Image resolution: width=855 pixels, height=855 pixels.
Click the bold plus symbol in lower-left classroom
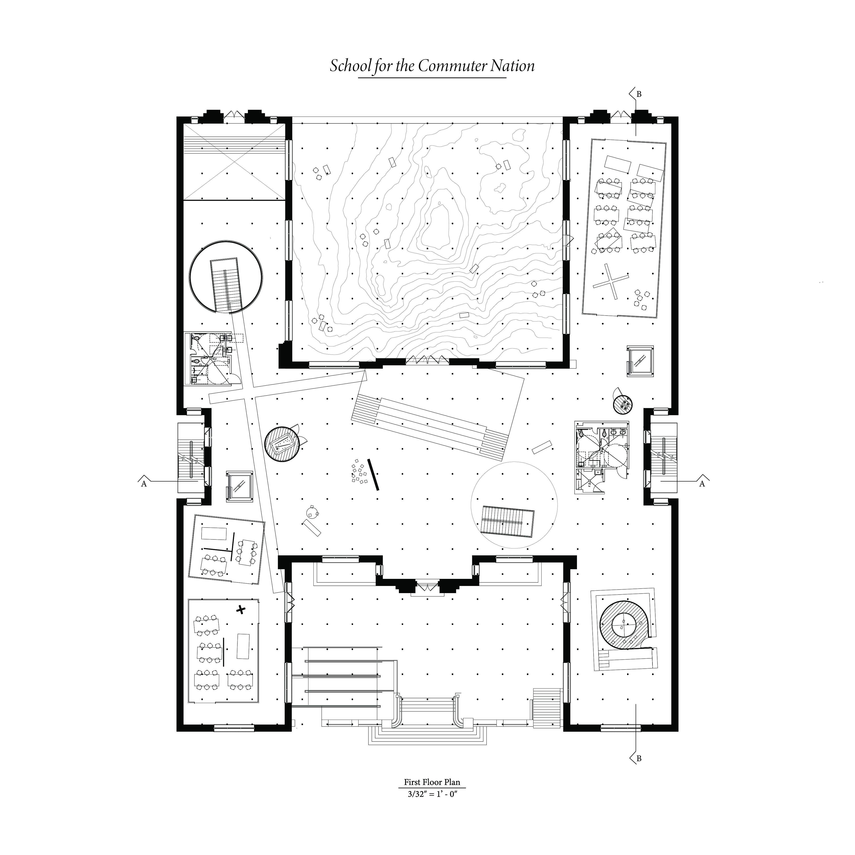click(x=241, y=610)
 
